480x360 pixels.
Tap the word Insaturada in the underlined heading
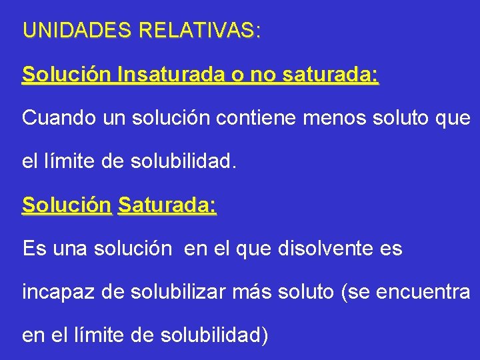pyautogui.click(x=171, y=75)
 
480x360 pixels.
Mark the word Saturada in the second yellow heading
pyautogui.click(x=167, y=205)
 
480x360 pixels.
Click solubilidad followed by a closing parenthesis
pyautogui.click(x=214, y=335)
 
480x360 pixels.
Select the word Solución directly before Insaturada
pyautogui.click(x=67, y=75)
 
